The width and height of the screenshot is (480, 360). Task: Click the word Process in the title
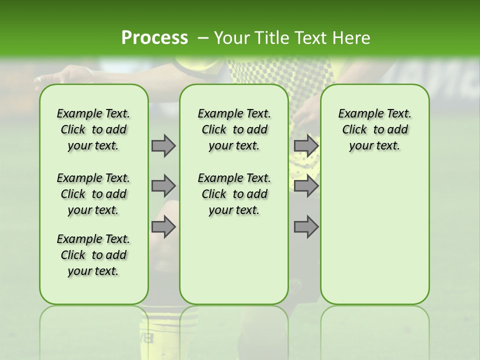click(154, 37)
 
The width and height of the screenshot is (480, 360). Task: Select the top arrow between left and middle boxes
click(163, 145)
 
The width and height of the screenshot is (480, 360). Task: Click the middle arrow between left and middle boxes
click(163, 186)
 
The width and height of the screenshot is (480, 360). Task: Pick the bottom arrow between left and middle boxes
click(163, 227)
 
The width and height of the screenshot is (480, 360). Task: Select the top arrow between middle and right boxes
click(306, 145)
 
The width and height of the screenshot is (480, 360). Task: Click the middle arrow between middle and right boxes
click(306, 186)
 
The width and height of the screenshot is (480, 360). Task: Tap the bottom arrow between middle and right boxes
click(306, 227)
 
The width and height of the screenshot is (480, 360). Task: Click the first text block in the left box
click(93, 129)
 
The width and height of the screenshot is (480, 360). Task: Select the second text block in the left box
click(93, 194)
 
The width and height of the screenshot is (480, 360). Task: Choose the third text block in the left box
click(93, 255)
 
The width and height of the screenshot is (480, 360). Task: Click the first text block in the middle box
click(234, 129)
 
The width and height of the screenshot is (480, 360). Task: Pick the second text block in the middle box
click(234, 194)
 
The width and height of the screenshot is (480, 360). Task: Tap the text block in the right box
click(374, 129)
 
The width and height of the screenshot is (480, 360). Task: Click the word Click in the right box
click(354, 130)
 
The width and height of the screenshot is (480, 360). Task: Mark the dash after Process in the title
click(202, 37)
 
